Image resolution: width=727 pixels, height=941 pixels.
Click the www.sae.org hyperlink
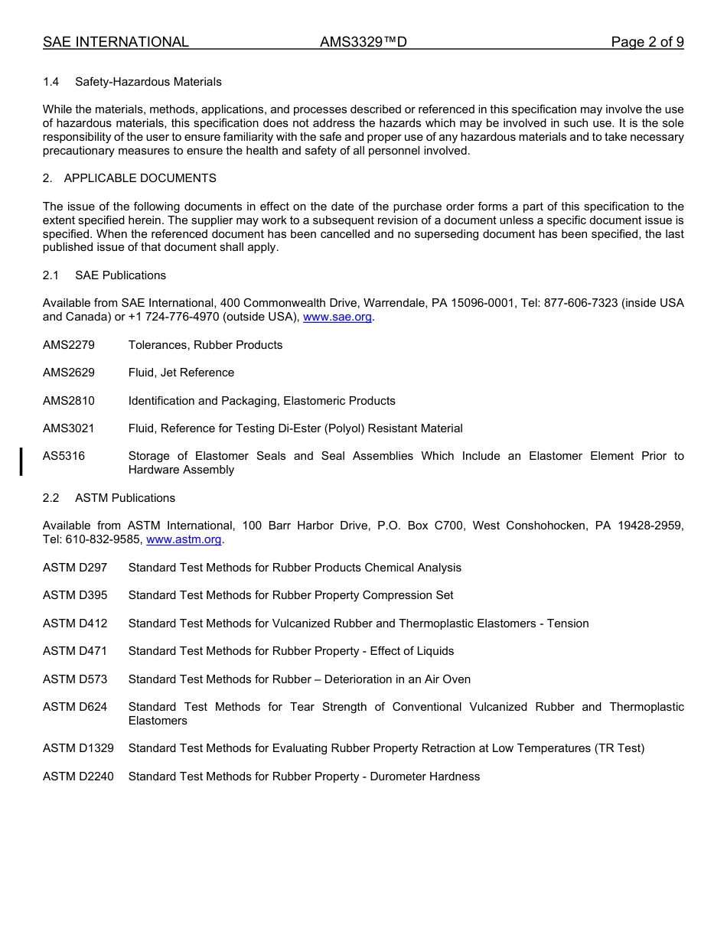click(337, 317)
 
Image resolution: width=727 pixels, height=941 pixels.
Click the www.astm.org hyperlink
click(184, 539)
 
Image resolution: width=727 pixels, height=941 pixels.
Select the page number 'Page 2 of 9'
click(647, 42)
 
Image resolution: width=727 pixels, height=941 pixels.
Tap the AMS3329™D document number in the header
click(363, 42)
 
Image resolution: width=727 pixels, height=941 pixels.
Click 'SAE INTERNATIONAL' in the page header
click(116, 42)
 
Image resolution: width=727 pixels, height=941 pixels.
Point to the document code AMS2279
click(69, 345)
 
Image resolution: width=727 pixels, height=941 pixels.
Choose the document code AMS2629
click(69, 373)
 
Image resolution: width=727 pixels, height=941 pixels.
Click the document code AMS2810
click(69, 401)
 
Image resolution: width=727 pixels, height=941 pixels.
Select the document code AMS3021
click(69, 428)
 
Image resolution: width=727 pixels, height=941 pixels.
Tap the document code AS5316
click(64, 456)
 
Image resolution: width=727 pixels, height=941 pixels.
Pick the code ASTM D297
click(75, 568)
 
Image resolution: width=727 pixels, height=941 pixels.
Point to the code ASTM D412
click(75, 624)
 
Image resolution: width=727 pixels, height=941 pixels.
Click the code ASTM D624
click(75, 707)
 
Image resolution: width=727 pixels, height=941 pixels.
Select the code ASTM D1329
click(78, 748)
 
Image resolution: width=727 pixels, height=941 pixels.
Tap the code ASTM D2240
click(78, 777)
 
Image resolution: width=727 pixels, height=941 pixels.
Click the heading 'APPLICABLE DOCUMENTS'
click(140, 178)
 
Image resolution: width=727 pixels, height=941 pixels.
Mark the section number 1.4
click(51, 82)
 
